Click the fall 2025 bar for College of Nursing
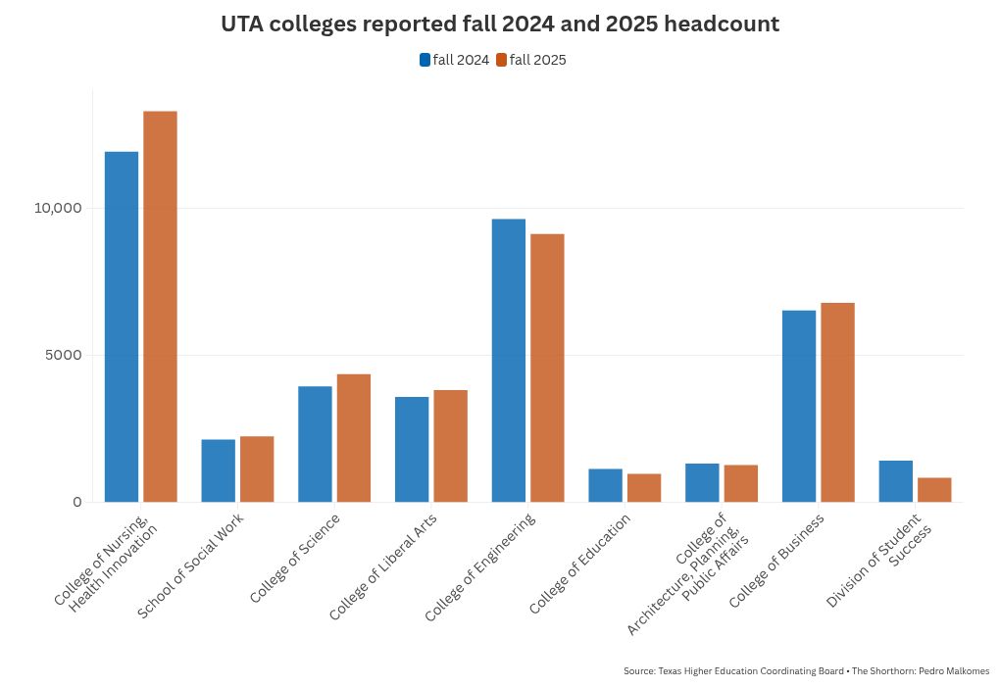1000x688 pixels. (160, 307)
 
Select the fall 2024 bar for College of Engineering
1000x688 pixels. (508, 361)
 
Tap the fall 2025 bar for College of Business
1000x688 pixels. (837, 403)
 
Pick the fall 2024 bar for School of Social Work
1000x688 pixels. (218, 470)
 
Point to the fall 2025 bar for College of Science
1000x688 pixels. (354, 438)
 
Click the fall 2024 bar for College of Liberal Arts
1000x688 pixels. (412, 449)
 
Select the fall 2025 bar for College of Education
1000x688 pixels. (644, 488)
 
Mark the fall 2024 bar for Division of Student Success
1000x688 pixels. (895, 481)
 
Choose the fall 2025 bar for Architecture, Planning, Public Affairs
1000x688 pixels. (740, 483)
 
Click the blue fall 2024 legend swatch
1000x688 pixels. (425, 60)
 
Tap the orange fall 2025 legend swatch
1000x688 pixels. (501, 60)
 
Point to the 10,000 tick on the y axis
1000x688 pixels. (58, 209)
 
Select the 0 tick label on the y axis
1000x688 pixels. (76, 502)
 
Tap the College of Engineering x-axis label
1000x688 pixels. (481, 566)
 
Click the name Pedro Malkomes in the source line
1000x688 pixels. (957, 671)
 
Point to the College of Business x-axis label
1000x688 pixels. (777, 560)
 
